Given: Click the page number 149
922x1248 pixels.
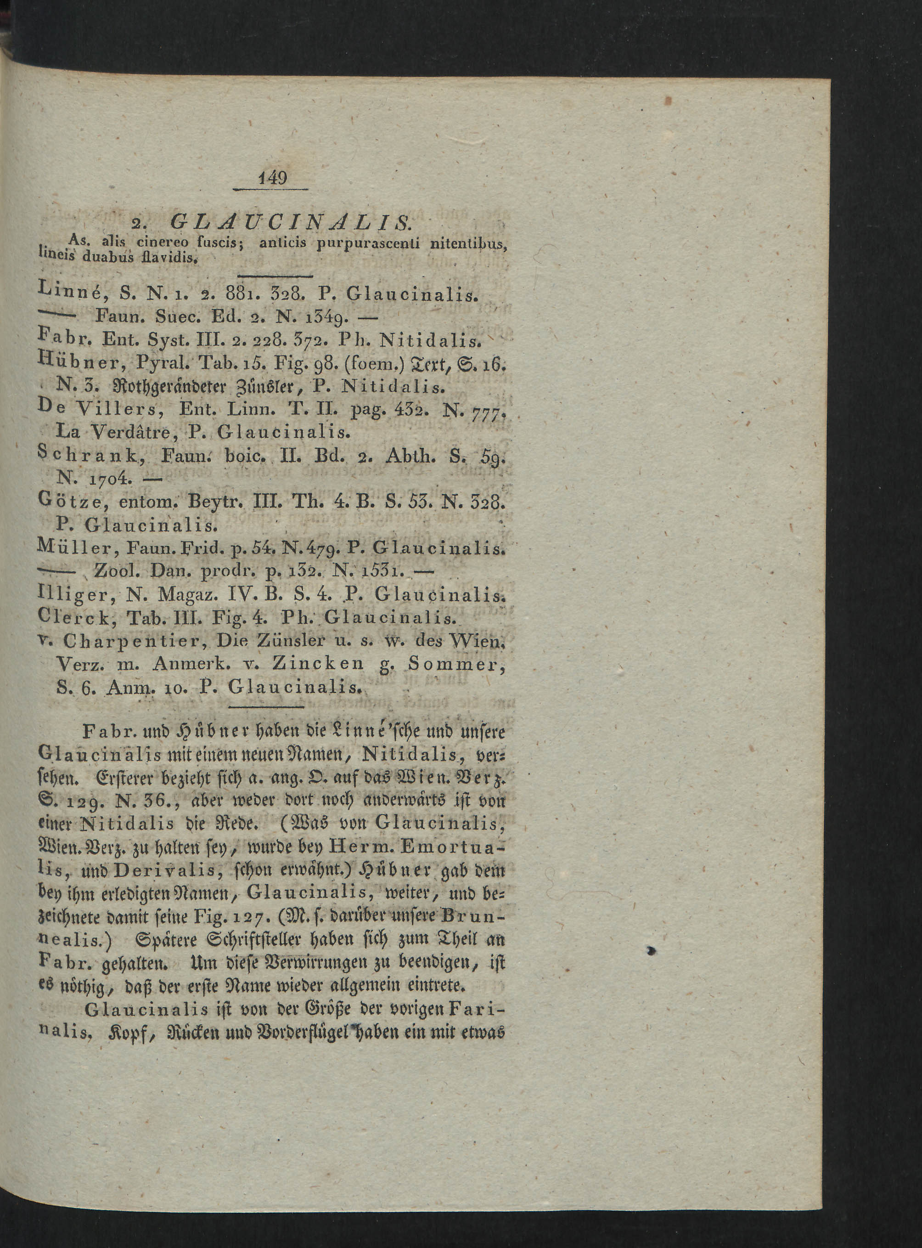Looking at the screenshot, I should [273, 179].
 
